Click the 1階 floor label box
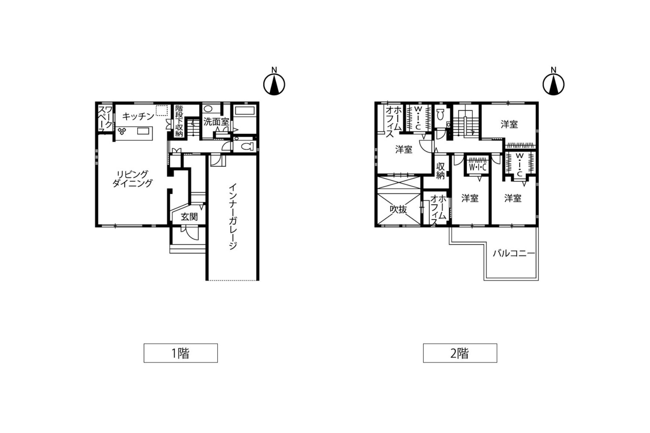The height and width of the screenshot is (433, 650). click(180, 353)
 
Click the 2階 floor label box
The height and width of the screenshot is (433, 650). click(460, 353)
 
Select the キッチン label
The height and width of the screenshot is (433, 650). click(138, 116)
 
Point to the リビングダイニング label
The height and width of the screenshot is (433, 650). click(132, 179)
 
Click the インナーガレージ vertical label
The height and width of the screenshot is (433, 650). click(233, 216)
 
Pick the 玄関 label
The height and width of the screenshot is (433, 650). click(189, 217)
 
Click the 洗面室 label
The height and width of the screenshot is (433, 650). click(216, 121)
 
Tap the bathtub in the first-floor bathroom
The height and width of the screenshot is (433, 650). click(245, 110)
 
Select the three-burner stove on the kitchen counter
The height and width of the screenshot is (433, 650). click(122, 131)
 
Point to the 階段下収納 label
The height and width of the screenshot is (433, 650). click(179, 121)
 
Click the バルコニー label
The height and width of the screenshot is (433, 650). click(514, 253)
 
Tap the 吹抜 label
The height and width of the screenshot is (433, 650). click(398, 209)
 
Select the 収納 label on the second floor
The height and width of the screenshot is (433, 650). click(441, 171)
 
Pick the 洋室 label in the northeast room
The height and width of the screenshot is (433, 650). click(509, 124)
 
